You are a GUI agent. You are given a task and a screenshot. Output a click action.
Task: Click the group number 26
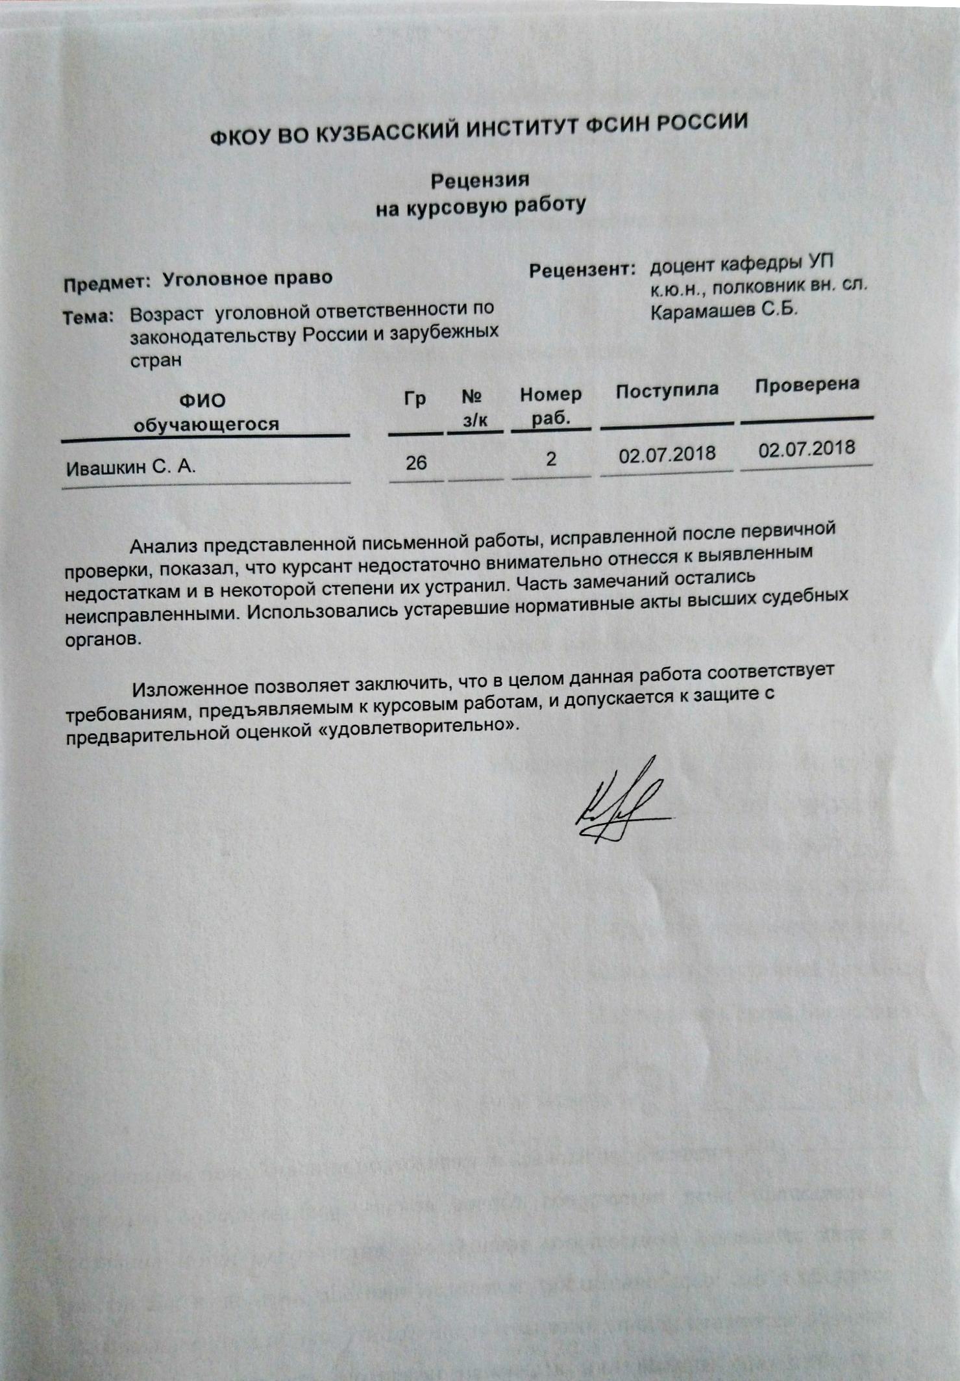click(x=416, y=462)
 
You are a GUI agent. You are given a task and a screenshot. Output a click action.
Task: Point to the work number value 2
click(x=551, y=459)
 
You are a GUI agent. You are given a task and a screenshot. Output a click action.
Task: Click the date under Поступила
click(x=667, y=454)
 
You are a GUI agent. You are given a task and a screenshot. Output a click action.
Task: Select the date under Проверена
click(x=807, y=449)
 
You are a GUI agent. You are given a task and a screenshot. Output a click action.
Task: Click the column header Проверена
click(x=807, y=385)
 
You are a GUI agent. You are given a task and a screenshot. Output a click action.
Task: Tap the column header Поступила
click(x=667, y=390)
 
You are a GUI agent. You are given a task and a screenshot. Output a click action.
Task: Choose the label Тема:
click(x=88, y=317)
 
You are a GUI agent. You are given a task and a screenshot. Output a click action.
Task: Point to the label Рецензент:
click(x=582, y=270)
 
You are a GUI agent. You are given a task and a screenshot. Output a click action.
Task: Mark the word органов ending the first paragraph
click(x=102, y=639)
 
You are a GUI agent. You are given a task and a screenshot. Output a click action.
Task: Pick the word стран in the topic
click(x=156, y=360)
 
